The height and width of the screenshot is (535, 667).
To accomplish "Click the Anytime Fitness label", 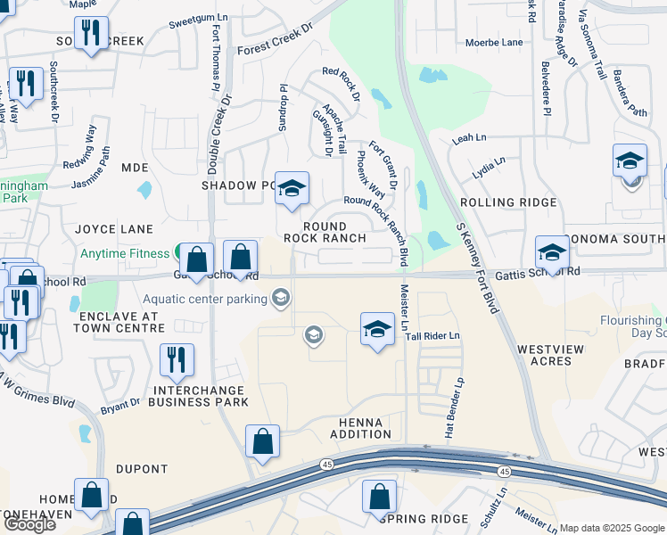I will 124,253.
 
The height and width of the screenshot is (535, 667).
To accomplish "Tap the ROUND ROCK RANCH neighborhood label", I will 325,233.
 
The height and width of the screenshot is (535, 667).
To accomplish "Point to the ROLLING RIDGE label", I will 508,202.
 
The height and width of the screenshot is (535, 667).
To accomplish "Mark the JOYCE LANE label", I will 114,229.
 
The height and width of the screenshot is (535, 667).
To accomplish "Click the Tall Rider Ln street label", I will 432,335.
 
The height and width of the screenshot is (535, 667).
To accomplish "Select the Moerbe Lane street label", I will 494,43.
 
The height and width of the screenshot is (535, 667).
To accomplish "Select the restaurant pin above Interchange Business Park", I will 177,359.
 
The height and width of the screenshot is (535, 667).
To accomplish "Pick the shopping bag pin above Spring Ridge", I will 379,496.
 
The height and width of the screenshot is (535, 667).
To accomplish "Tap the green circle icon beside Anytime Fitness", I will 181,253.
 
